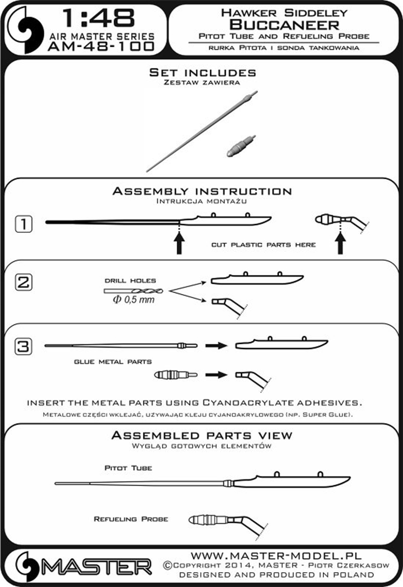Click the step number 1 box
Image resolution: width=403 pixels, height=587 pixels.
pos(24,224)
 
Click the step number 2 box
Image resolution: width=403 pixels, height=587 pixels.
pos(24,282)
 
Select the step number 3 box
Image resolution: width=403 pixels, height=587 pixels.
pos(24,346)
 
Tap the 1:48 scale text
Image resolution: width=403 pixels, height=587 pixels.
pos(98,18)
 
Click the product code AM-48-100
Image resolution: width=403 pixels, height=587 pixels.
pos(101,46)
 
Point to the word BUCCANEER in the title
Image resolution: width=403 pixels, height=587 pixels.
pos(284,25)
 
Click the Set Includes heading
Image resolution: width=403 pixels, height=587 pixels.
pos(203,72)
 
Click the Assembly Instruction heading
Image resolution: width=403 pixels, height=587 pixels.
pos(202,191)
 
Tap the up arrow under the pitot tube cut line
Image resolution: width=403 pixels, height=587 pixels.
pos(179,243)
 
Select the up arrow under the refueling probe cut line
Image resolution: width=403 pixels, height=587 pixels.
pos(340,243)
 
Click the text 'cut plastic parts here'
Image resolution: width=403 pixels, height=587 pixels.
pos(263,245)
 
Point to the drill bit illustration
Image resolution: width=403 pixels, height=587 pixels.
pos(133,290)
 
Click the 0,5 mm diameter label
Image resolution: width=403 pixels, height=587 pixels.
pos(134,300)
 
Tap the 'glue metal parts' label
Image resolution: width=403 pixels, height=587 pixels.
pos(113,362)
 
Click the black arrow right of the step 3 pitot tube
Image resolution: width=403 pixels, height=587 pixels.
pos(216,345)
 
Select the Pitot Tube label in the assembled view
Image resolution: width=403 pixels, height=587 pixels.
pos(128,468)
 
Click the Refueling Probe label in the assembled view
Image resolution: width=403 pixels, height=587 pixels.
pos(131,519)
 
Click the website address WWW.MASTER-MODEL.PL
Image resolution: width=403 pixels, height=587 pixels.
pos(277,556)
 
